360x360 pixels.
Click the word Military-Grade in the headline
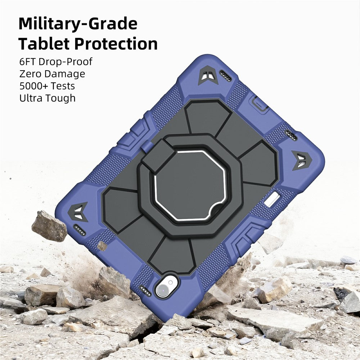coord(78,24)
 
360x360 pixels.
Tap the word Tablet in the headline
coord(44,44)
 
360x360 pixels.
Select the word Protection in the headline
coord(116,44)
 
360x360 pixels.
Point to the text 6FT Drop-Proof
coord(56,62)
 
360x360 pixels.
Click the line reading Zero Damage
coord(52,74)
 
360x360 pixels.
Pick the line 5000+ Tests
coord(47,86)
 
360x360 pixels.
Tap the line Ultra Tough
coord(47,98)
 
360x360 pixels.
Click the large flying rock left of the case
coord(49,226)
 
